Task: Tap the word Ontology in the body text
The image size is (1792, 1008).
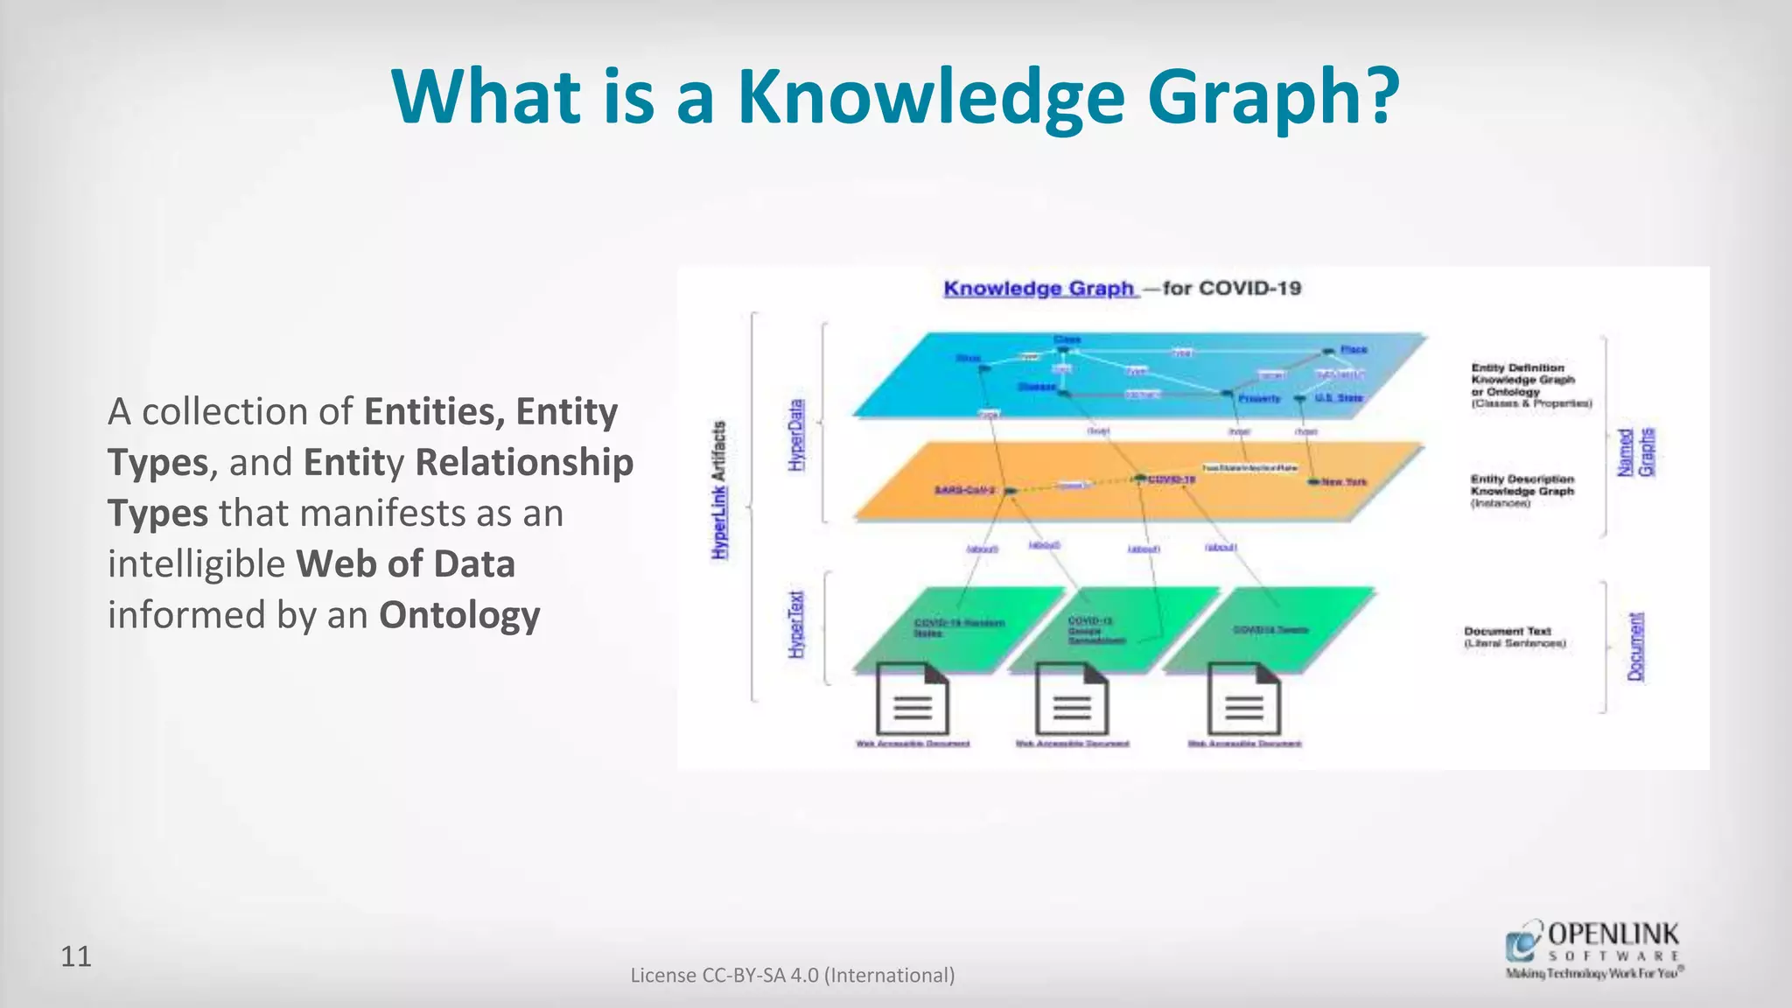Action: point(459,615)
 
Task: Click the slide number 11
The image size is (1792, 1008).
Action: point(76,956)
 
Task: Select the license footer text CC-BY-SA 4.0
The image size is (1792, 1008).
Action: point(792,975)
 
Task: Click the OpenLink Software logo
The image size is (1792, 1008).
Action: point(1593,948)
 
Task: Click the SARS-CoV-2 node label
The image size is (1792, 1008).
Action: point(964,490)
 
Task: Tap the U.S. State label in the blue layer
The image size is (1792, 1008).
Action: point(1338,398)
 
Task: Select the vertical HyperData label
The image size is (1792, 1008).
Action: point(796,435)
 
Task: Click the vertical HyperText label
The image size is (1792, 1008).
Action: point(796,624)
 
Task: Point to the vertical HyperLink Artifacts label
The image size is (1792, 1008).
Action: point(719,490)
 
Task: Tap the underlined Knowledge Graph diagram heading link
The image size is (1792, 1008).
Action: point(1039,289)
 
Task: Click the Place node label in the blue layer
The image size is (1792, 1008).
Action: point(1353,349)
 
